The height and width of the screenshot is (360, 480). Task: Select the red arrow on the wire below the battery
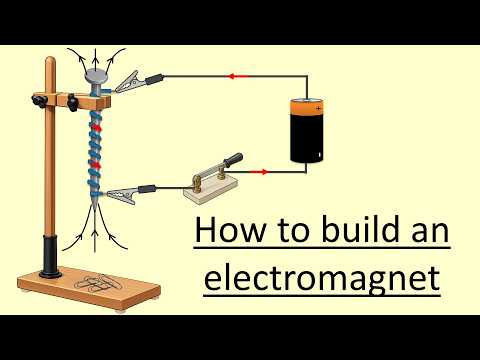[263, 171]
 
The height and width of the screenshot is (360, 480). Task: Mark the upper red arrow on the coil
[97, 127]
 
